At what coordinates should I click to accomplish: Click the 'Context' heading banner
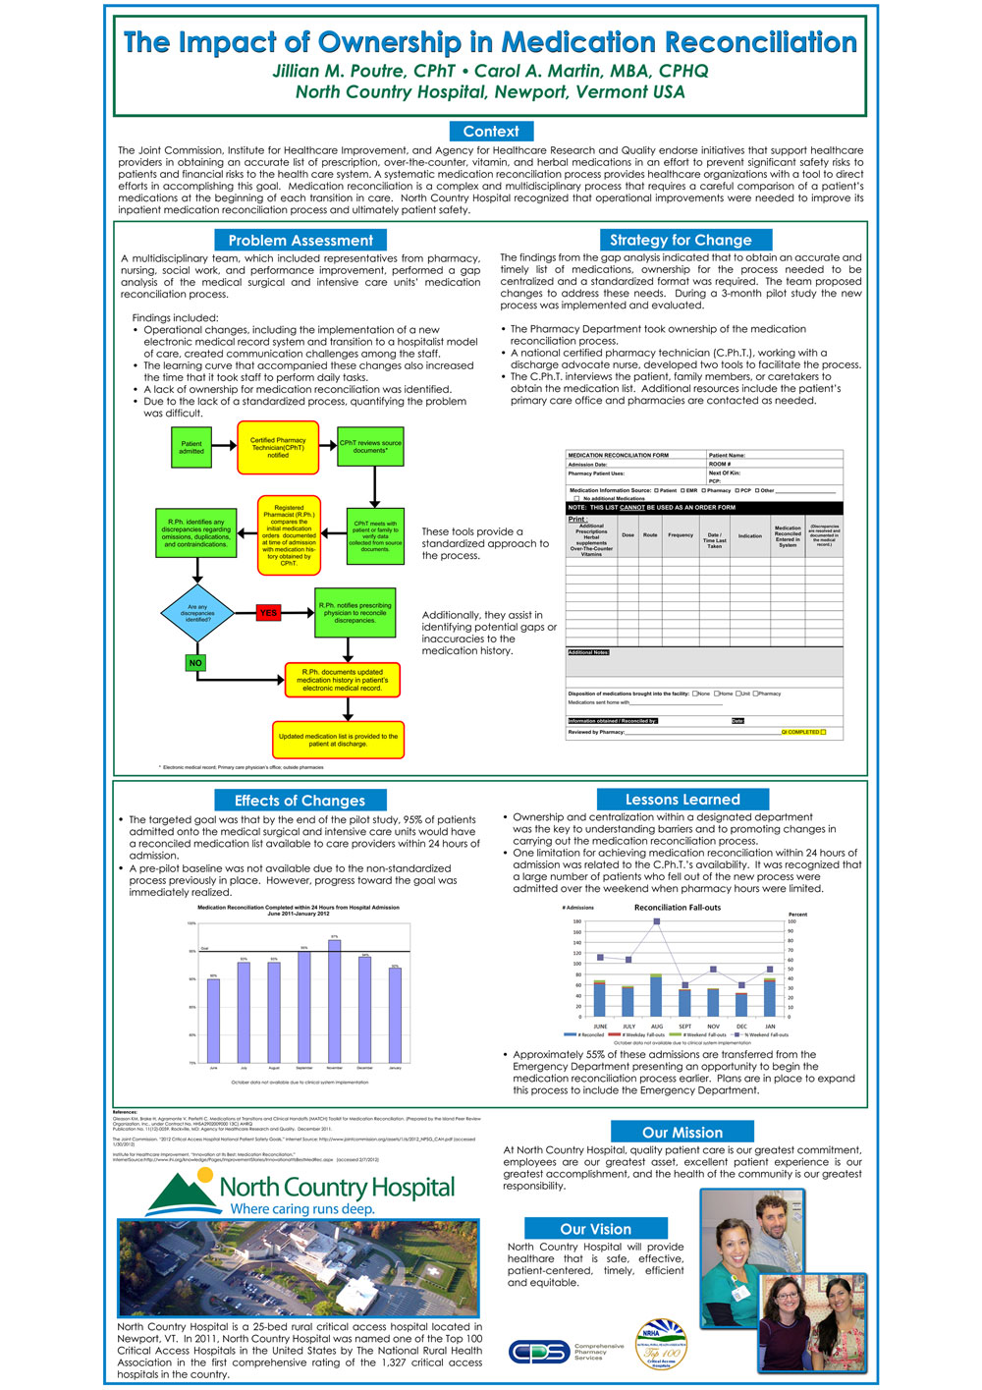tap(491, 132)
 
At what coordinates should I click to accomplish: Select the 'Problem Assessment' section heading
tap(300, 241)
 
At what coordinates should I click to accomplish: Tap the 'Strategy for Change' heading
tap(681, 240)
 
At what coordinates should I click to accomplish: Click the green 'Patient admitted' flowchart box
tap(191, 448)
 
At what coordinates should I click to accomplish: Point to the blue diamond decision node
tap(197, 613)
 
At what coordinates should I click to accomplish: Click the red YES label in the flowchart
tap(268, 613)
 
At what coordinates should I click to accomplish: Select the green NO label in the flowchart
tap(195, 663)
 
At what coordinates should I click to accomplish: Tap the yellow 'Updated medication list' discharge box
tap(338, 741)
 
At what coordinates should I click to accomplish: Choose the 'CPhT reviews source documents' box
tap(370, 447)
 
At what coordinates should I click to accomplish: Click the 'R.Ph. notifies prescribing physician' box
tap(355, 613)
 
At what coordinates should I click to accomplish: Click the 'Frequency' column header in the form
tap(681, 535)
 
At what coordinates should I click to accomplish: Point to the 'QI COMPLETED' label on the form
tap(803, 732)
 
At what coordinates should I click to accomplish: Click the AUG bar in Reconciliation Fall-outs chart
tap(656, 995)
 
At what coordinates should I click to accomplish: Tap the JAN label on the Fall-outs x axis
tap(770, 1027)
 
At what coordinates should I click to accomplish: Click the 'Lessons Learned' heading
tap(682, 800)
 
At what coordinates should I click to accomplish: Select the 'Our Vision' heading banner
tap(596, 1229)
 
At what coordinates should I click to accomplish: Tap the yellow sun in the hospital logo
tap(205, 1174)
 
